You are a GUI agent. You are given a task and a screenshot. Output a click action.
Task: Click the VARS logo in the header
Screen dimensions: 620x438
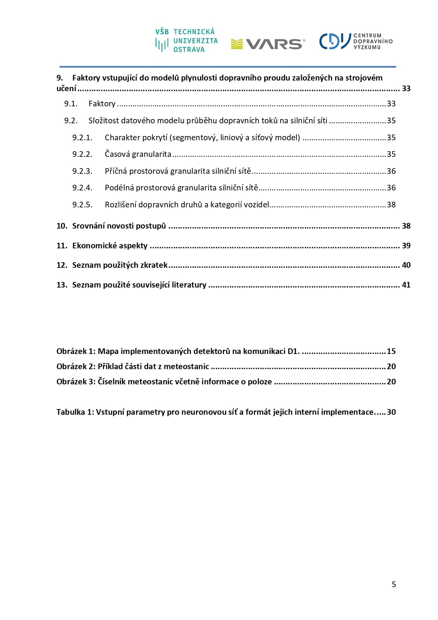click(268, 44)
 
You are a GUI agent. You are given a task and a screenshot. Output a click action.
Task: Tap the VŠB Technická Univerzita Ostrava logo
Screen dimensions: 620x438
click(186, 41)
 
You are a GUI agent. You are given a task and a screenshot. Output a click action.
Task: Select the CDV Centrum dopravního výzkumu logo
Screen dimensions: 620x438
click(355, 41)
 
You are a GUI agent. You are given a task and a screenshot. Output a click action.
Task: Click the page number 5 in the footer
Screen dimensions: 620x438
click(394, 585)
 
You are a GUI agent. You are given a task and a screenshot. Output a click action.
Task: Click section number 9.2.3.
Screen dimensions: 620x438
click(82, 171)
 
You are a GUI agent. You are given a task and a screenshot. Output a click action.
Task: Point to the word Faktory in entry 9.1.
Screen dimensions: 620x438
click(102, 104)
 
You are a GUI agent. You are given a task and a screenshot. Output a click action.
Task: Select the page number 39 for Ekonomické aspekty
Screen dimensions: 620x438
click(406, 246)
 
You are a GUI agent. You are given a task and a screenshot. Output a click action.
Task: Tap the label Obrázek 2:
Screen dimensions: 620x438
click(76, 367)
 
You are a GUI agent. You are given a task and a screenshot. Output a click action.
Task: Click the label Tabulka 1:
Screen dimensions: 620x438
click(75, 412)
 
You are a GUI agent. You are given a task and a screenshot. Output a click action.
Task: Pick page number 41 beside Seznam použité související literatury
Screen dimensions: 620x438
click(406, 285)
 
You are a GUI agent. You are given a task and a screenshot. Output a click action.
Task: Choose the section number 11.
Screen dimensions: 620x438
click(62, 246)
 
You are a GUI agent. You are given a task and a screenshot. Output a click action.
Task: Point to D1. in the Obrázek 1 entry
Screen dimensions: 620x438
click(293, 352)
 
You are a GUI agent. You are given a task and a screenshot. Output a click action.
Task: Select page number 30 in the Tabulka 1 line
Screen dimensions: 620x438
click(391, 412)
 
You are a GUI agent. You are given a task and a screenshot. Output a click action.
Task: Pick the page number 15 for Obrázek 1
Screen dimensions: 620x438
click(391, 352)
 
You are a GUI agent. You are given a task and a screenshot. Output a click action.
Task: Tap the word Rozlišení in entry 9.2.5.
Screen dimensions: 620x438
click(121, 205)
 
